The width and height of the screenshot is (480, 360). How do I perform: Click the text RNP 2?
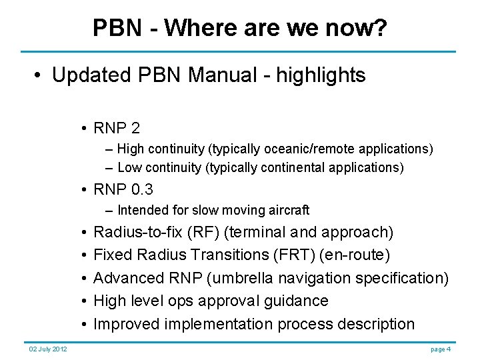pos(117,128)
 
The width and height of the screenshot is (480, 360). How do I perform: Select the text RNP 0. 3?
pos(123,190)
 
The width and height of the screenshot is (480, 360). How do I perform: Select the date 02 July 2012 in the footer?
pos(47,349)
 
